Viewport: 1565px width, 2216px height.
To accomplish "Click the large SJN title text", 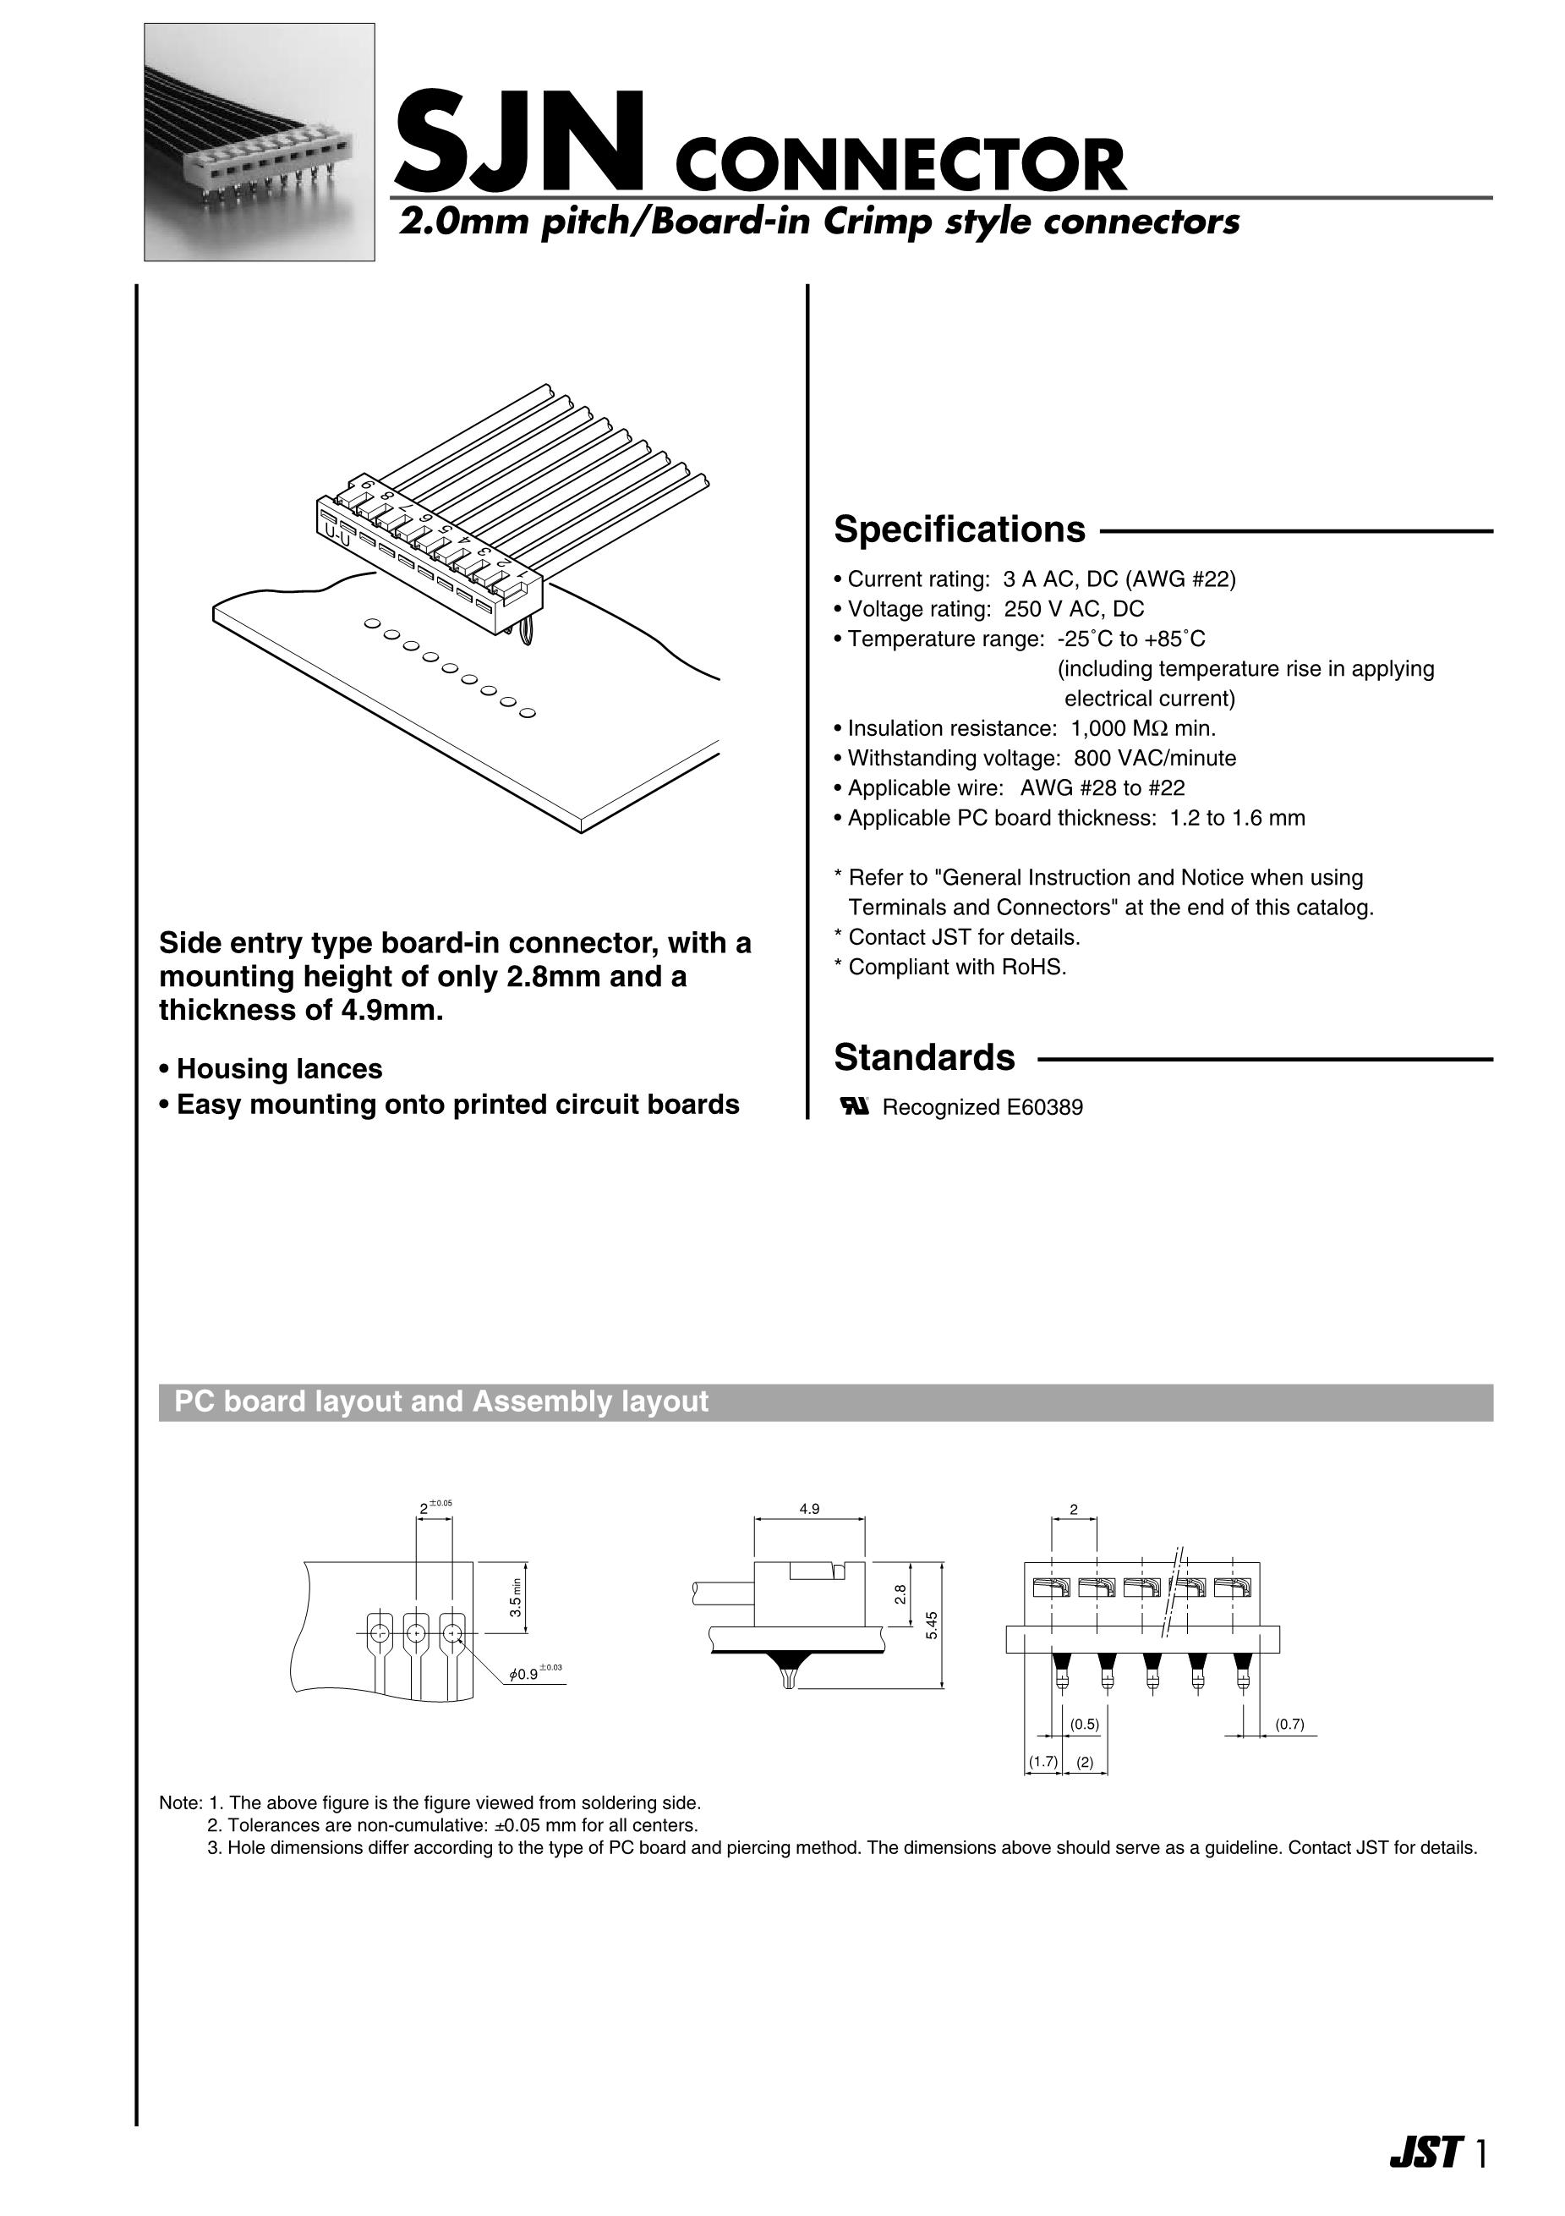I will click(518, 142).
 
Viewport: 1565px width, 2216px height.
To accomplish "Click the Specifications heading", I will click(959, 529).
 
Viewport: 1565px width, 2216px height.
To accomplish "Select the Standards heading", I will click(923, 1058).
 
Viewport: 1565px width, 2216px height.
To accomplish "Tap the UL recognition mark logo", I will click(856, 1107).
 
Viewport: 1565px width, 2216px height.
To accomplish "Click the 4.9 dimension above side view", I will click(808, 1509).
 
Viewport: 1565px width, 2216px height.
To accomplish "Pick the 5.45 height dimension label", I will click(932, 1626).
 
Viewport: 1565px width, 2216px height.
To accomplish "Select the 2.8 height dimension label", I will click(900, 1594).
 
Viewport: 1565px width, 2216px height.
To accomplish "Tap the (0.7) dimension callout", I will click(1289, 1725).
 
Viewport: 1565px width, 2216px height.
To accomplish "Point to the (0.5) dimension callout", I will click(1085, 1725).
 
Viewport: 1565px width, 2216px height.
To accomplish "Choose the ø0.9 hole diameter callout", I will click(528, 1675).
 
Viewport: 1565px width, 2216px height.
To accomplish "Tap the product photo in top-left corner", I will click(259, 142).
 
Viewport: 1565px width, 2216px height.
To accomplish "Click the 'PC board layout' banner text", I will click(441, 1401).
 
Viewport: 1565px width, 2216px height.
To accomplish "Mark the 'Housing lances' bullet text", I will click(279, 1069).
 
